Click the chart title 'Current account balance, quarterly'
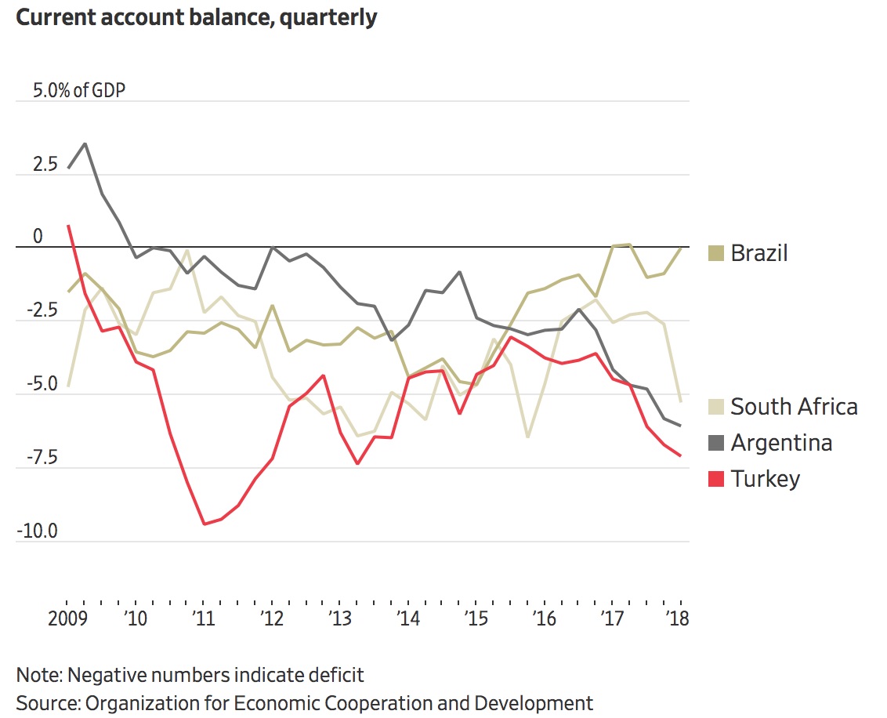click(x=196, y=17)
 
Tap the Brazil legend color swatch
click(x=715, y=253)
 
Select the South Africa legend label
click(x=794, y=407)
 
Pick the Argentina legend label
click(x=781, y=443)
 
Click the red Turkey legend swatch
click(x=715, y=478)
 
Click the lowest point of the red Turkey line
click(x=204, y=524)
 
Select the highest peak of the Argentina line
click(x=85, y=143)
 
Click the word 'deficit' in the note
click(x=335, y=675)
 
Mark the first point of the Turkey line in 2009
click(x=69, y=226)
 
